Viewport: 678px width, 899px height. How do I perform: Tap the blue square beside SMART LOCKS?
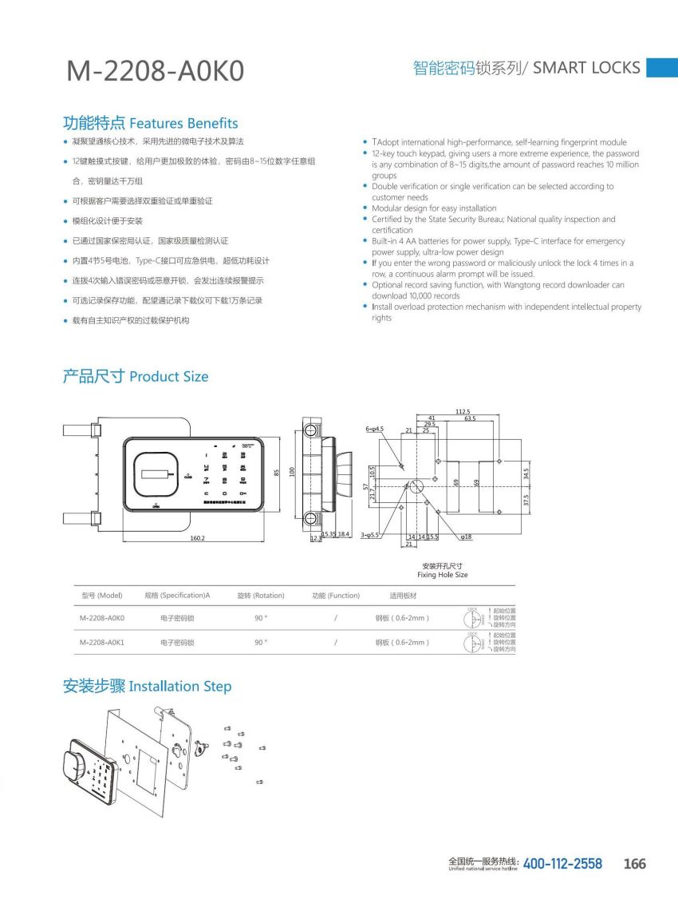[x=661, y=67]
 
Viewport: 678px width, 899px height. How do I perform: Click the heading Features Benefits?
[x=151, y=123]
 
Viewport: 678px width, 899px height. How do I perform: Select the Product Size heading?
[x=136, y=376]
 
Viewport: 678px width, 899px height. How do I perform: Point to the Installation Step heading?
[x=148, y=686]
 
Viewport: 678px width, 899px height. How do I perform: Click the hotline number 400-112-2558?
[x=562, y=864]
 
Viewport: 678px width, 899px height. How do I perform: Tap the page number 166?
[x=635, y=864]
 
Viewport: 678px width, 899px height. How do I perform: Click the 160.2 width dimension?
[x=198, y=538]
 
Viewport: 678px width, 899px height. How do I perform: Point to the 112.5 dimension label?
[x=463, y=411]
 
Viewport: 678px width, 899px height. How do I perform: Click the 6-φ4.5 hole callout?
[x=375, y=429]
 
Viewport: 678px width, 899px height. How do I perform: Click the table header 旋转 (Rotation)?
[x=261, y=596]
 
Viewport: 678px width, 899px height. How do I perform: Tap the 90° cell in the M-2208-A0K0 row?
[x=261, y=618]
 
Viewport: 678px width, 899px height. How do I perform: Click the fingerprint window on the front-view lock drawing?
[x=156, y=477]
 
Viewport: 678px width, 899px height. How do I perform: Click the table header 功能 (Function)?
[x=336, y=596]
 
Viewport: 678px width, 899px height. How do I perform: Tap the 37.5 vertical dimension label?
[x=526, y=501]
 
